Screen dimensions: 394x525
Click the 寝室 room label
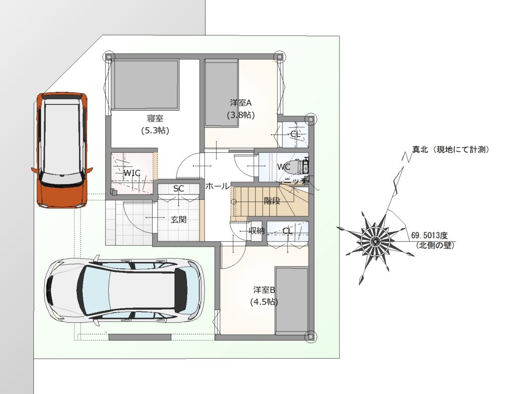(x=155, y=119)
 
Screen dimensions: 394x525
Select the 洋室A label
(x=240, y=103)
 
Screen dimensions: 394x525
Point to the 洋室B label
(x=264, y=290)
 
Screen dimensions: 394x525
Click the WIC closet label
(x=132, y=173)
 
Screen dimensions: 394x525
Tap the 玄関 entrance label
(x=178, y=220)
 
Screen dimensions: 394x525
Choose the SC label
(x=178, y=189)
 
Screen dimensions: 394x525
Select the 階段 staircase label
(x=272, y=201)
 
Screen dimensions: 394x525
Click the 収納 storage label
(x=256, y=231)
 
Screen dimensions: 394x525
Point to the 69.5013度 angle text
(x=433, y=235)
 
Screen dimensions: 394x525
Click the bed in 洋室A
(x=221, y=92)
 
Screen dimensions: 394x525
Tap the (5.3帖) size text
(x=155, y=130)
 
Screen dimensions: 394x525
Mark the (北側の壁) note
(x=435, y=245)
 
